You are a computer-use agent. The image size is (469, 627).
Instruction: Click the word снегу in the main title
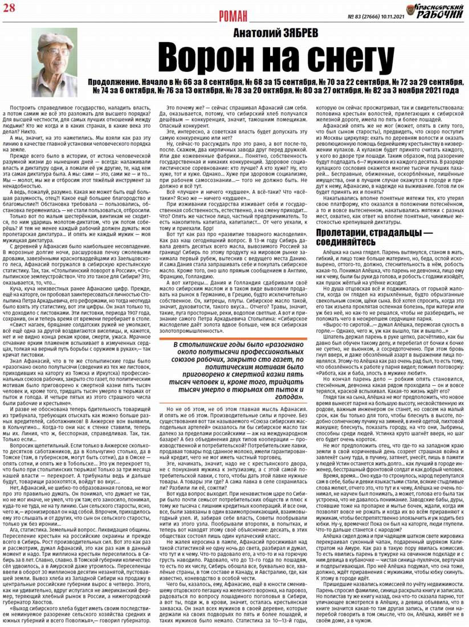click(x=338, y=59)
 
